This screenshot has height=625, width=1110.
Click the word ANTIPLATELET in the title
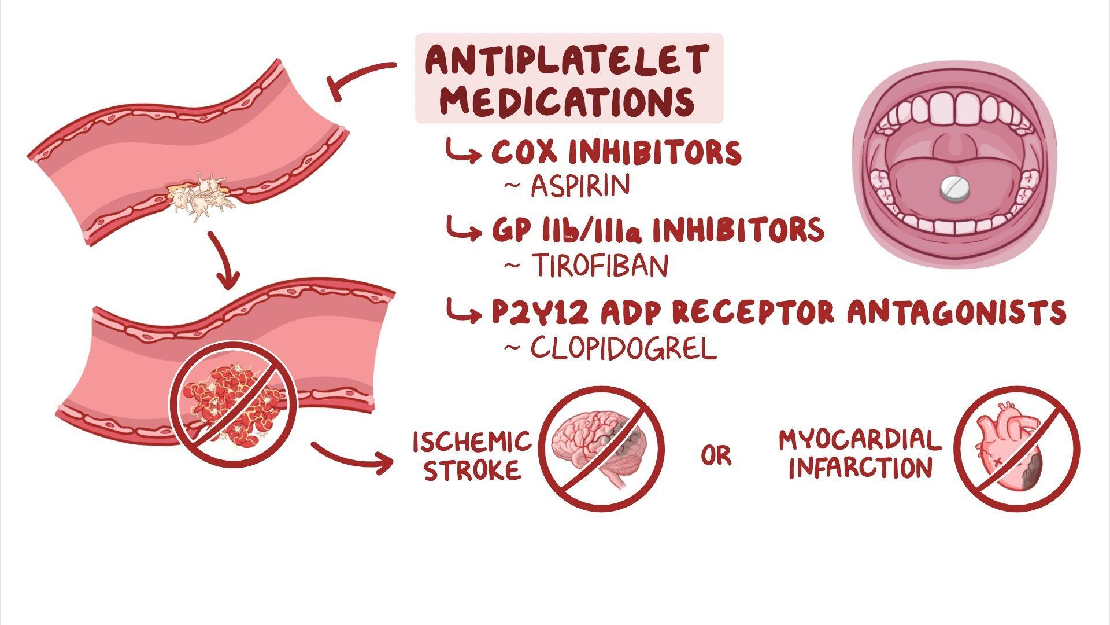(567, 60)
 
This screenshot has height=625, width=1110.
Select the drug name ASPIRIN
(580, 186)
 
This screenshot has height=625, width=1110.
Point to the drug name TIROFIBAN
(600, 266)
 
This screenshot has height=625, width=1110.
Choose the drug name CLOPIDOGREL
(623, 348)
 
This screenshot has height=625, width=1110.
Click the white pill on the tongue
(954, 189)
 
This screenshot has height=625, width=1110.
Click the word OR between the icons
(716, 455)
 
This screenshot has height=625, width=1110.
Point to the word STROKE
(472, 469)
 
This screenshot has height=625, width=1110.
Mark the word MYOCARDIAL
(860, 440)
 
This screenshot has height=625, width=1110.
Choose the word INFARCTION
(861, 468)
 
